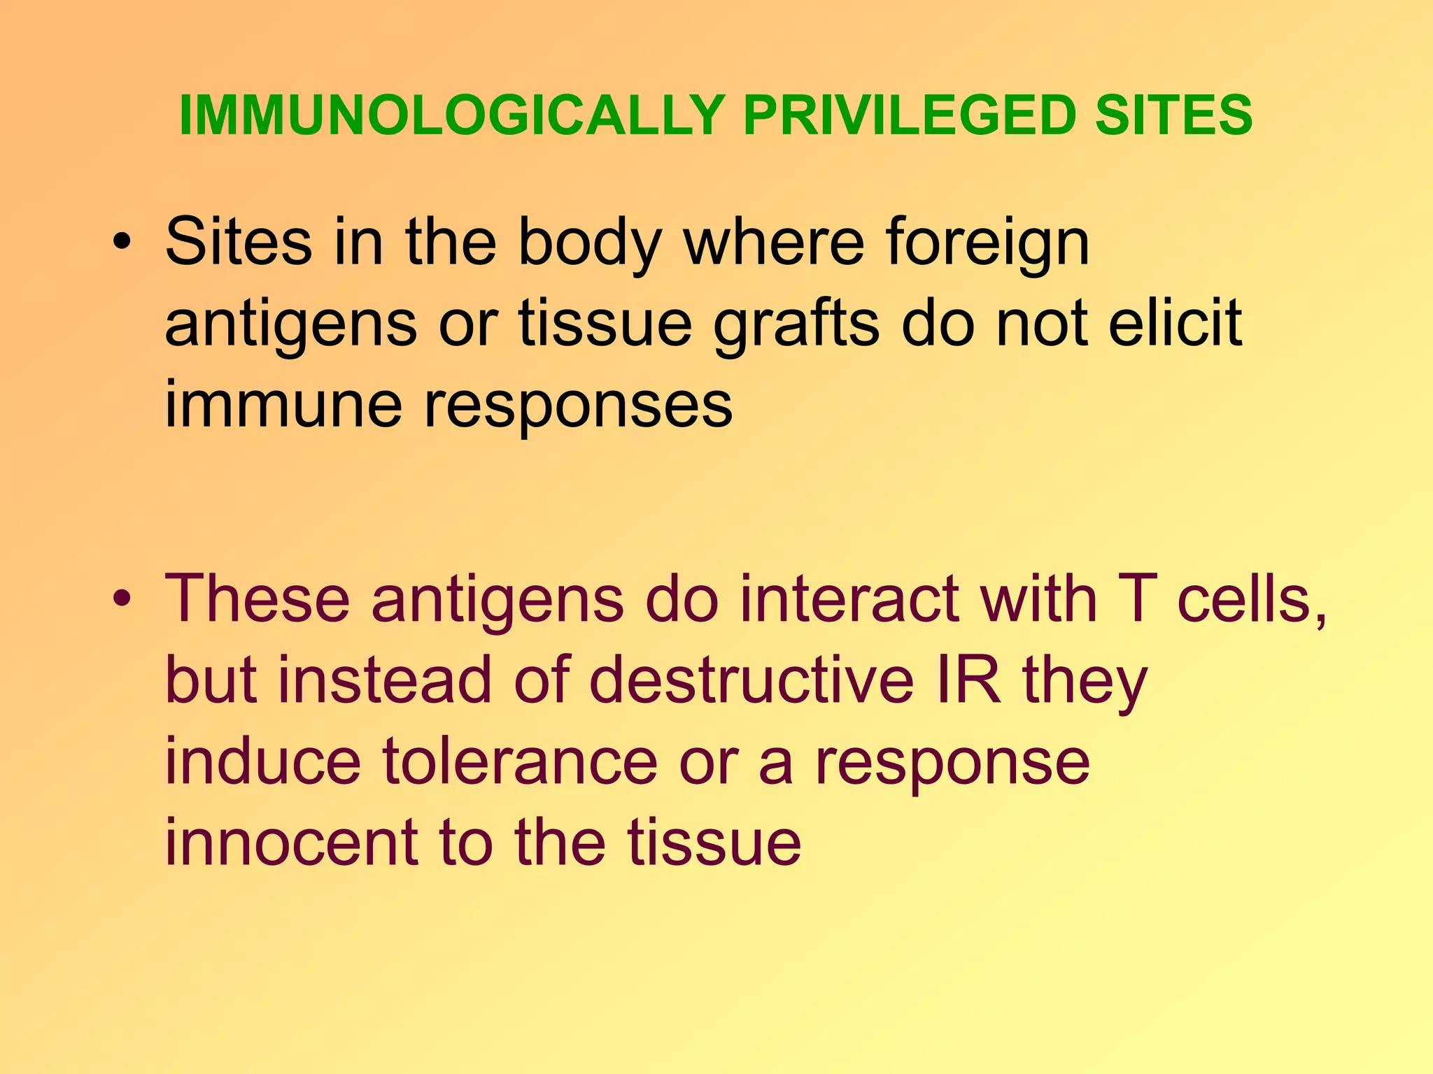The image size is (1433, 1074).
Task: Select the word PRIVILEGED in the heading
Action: click(909, 115)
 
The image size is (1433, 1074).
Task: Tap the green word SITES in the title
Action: click(1173, 115)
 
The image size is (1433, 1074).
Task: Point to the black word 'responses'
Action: click(579, 407)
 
